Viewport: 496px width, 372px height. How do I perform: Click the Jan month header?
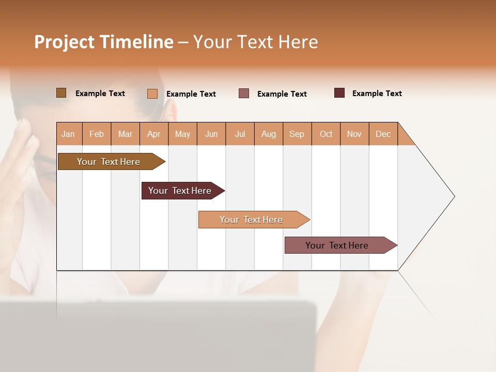tap(69, 134)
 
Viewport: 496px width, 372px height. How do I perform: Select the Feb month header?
tap(97, 134)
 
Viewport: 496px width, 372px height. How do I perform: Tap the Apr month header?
tap(153, 134)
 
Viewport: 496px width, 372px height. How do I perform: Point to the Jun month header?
tap(211, 134)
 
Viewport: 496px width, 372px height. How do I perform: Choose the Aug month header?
tap(268, 134)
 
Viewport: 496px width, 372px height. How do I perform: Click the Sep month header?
tap(297, 134)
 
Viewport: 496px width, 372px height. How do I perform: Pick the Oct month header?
tap(326, 134)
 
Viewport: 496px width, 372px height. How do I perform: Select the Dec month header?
tap(383, 134)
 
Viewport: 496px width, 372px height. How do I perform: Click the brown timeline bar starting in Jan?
tap(109, 162)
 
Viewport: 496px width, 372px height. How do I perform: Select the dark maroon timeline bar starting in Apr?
tap(180, 191)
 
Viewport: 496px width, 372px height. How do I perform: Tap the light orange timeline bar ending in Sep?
tap(251, 220)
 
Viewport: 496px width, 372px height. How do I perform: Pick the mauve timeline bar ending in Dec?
tap(337, 245)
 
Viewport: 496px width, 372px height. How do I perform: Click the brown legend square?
tap(61, 93)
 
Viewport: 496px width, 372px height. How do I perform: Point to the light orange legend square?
tap(152, 94)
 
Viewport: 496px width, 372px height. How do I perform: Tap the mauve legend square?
tap(244, 94)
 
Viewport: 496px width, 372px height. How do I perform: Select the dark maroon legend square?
tap(339, 93)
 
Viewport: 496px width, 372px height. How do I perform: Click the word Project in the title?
tap(64, 42)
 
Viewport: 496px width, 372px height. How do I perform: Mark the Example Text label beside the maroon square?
tap(377, 94)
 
